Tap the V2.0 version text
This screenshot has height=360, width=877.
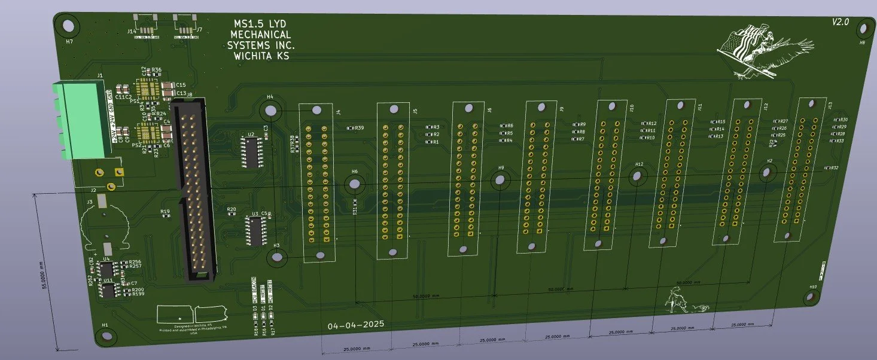click(x=841, y=22)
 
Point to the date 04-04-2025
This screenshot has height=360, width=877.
click(x=356, y=325)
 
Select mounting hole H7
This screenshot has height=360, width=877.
click(x=68, y=26)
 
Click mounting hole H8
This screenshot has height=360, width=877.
click(x=863, y=28)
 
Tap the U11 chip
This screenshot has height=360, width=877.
click(x=109, y=291)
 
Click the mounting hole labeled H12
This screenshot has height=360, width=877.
click(x=638, y=176)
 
